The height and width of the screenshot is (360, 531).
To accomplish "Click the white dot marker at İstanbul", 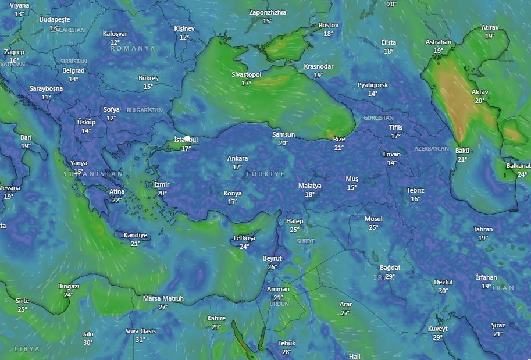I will coord(187,139).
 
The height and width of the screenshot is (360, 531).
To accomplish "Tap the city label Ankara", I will coord(237,158).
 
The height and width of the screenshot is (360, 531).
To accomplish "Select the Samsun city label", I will coord(283,134).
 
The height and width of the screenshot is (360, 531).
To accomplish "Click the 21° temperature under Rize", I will coord(339,148).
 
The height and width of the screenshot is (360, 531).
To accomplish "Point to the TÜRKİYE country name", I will coord(265,174).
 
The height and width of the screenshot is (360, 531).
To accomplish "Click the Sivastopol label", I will coord(246,75).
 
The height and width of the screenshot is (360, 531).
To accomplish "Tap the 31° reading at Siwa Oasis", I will coord(140,340).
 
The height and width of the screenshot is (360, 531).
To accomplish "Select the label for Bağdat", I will coord(390,268).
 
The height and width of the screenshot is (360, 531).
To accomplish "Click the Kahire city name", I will coord(216,318).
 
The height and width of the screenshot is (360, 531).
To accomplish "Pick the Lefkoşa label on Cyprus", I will coord(244,238).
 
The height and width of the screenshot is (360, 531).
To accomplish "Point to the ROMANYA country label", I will coord(133,48).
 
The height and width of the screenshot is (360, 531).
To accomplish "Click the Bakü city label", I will coord(462,151).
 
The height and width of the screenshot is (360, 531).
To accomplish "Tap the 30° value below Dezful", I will coord(443,291).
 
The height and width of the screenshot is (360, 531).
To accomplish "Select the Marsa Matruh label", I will coord(163,298).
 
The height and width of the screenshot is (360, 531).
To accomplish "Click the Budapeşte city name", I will coord(55,19).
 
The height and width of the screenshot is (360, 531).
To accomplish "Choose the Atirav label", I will coord(490,27).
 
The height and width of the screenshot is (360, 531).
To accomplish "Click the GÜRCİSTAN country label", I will coord(378,117).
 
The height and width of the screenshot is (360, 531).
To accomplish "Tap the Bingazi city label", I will coord(69,286).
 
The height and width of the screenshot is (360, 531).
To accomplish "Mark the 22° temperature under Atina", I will coord(117,200).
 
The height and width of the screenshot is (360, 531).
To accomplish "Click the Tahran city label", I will coord(483,229).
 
